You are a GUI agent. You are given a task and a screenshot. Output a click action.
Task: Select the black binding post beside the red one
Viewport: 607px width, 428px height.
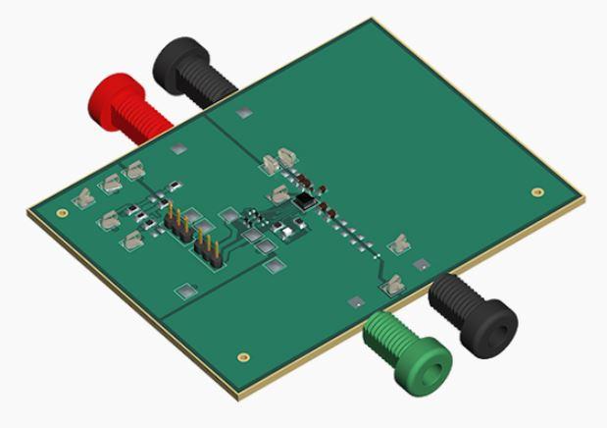(191, 70)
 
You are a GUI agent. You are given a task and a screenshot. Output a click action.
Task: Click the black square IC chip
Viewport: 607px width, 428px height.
(306, 201)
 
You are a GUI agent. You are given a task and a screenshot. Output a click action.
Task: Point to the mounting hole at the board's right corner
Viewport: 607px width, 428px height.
(535, 192)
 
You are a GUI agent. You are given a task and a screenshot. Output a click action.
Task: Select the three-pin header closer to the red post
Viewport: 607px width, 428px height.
(179, 223)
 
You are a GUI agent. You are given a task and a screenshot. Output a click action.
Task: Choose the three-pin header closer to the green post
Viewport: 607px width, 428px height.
(208, 246)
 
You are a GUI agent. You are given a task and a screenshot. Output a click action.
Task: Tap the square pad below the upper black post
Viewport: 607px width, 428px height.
(241, 113)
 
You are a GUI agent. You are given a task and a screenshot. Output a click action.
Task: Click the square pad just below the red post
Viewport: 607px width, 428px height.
(177, 149)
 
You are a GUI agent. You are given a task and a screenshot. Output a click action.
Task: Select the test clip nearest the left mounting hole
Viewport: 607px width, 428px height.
(85, 197)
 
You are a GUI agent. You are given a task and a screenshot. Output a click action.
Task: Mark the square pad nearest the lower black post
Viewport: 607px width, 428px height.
(421, 264)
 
